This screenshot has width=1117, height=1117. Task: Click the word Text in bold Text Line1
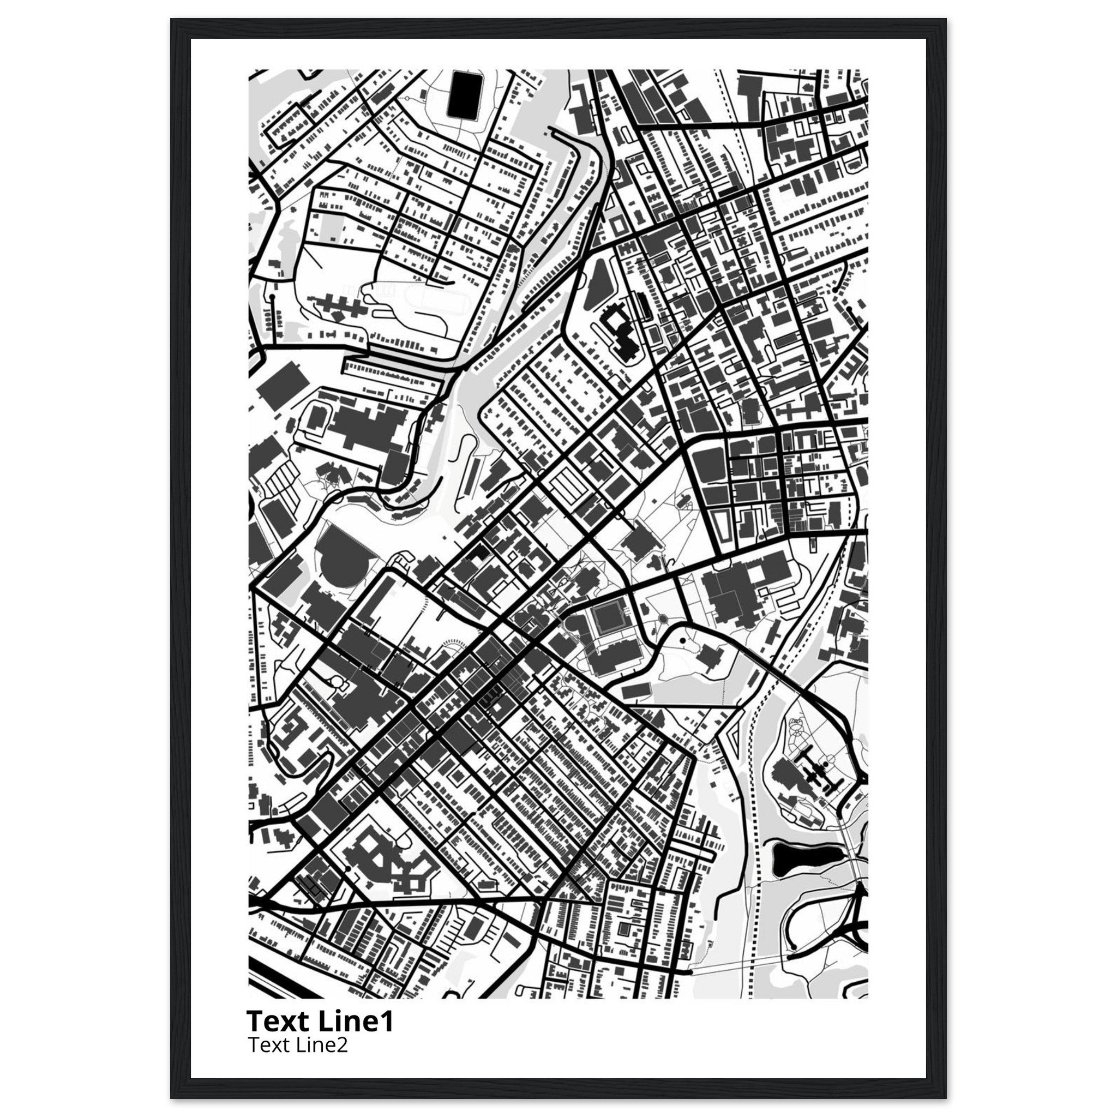pyautogui.click(x=279, y=1022)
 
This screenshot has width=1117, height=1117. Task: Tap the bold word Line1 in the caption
pyautogui.click(x=356, y=1022)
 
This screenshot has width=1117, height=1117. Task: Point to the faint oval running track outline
pyautogui.click(x=429, y=299)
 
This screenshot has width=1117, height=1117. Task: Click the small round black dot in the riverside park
pyautogui.click(x=682, y=641)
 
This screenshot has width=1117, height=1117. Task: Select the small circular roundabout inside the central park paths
pyautogui.click(x=663, y=619)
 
